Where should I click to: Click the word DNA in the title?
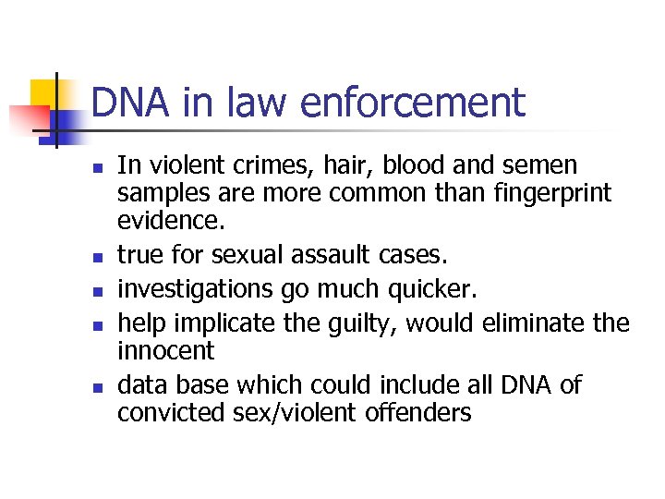pyautogui.click(x=126, y=103)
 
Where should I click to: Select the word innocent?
pyautogui.click(x=165, y=350)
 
